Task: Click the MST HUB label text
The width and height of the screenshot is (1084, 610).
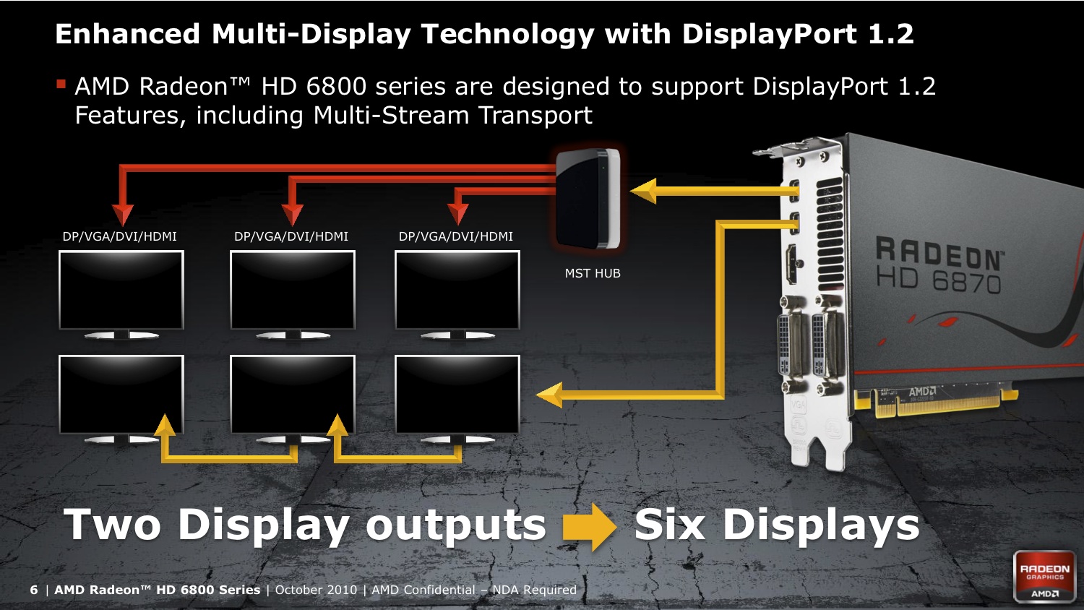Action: coord(593,273)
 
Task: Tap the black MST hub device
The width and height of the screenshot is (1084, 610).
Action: coord(588,199)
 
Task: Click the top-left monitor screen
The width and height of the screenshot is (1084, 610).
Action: coord(121,290)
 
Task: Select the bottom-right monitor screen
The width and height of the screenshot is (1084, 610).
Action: coord(457,394)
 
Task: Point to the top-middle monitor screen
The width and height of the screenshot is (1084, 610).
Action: coord(292,290)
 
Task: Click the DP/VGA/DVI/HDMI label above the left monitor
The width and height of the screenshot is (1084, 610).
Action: coord(119,236)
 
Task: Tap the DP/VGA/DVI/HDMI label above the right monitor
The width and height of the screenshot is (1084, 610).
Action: coord(456,236)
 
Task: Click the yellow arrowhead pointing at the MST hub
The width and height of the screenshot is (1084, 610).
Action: coord(643,191)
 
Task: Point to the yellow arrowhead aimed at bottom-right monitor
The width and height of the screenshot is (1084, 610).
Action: coord(549,395)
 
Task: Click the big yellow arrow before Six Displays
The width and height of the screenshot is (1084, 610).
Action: coord(590,527)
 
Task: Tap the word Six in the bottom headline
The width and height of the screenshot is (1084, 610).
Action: coord(669,524)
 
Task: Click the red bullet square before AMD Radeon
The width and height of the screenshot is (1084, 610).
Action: coord(61,85)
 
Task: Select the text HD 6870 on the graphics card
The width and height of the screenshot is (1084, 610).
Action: coord(938,281)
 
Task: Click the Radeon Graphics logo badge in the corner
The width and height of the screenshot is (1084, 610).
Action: coord(1045,577)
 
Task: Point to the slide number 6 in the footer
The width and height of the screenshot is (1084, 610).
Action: coord(33,590)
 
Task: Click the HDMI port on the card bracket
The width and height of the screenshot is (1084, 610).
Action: coord(793,265)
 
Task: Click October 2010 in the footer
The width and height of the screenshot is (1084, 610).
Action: coord(316,590)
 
